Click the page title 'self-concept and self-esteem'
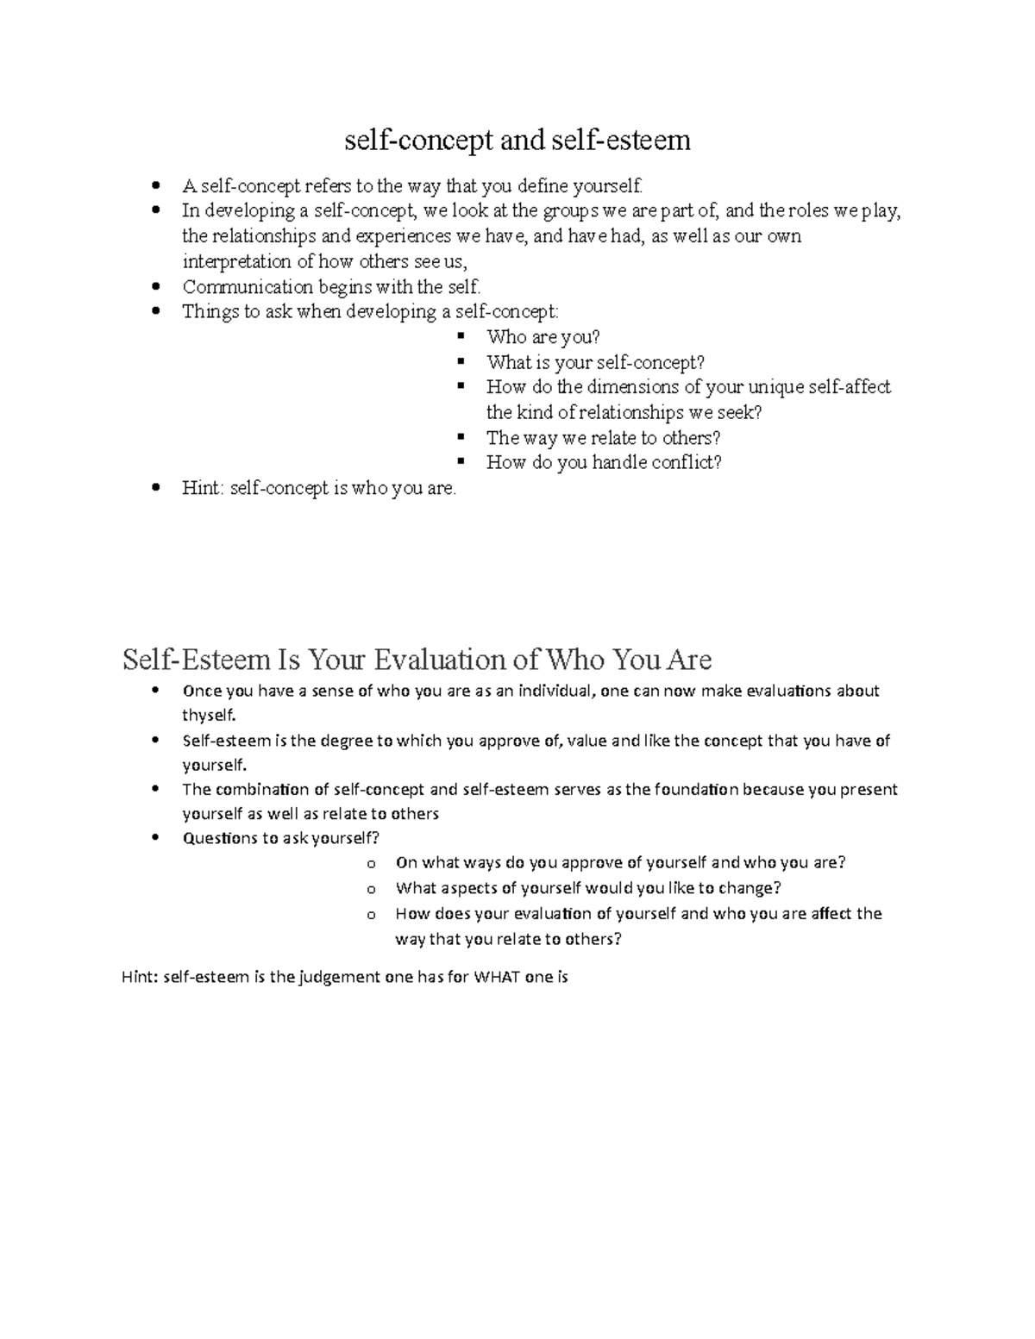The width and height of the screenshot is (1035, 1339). pyautogui.click(x=517, y=140)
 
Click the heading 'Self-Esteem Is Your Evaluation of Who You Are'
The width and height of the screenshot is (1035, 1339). pyautogui.click(x=417, y=660)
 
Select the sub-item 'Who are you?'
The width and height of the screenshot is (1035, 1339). pyautogui.click(x=543, y=337)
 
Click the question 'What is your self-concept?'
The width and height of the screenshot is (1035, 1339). pyautogui.click(x=595, y=363)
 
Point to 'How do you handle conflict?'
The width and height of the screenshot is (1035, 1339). pyautogui.click(x=604, y=463)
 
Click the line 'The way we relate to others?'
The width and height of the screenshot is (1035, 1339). pyautogui.click(x=603, y=438)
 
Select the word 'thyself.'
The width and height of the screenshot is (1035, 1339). pyautogui.click(x=208, y=715)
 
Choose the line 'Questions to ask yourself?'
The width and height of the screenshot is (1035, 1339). pyautogui.click(x=280, y=838)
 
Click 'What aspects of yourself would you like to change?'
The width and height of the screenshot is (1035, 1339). pyautogui.click(x=588, y=888)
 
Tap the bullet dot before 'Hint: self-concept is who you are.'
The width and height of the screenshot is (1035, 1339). pyautogui.click(x=155, y=488)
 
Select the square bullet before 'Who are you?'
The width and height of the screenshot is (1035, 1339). pyautogui.click(x=461, y=336)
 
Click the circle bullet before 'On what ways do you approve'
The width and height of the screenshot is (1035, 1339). pyautogui.click(x=371, y=864)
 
